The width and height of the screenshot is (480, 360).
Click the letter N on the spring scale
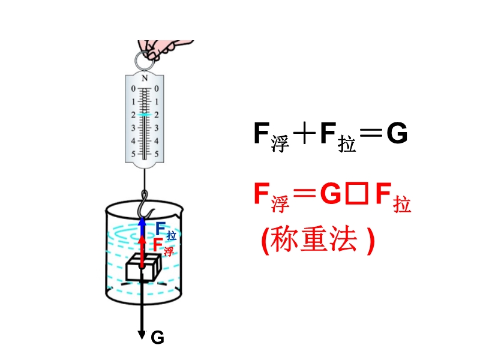145,78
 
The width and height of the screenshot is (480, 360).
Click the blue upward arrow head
142,221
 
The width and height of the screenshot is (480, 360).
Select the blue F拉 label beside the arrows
165,230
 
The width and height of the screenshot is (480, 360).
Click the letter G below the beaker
157,338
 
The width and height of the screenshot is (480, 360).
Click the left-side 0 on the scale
133,89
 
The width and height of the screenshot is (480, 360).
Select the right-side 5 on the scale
157,154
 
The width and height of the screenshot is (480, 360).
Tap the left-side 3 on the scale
133,128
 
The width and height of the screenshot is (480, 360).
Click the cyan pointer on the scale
145,114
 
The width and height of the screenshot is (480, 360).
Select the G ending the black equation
397,136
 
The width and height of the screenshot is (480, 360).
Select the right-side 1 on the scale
157,102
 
